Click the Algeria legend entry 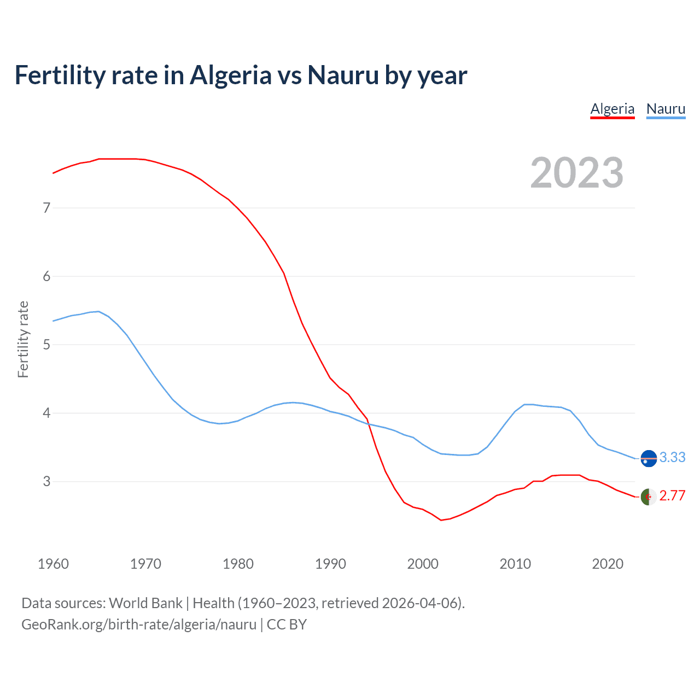point(612,109)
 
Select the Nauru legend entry point(666,109)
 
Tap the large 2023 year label point(576,173)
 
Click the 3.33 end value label point(672,457)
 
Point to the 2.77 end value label point(672,495)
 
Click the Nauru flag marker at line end point(649,458)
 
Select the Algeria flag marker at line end point(649,497)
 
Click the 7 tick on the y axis point(46,208)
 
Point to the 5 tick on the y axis point(46,345)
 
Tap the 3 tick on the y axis point(46,481)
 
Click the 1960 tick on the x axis point(53,564)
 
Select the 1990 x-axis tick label point(330,564)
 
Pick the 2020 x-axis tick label point(608,564)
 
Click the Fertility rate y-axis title point(23,339)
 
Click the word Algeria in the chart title point(230,75)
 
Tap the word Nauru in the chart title point(343,75)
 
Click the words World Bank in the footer point(145,603)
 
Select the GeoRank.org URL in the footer point(139,625)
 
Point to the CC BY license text point(287,625)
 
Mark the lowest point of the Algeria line point(441,520)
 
